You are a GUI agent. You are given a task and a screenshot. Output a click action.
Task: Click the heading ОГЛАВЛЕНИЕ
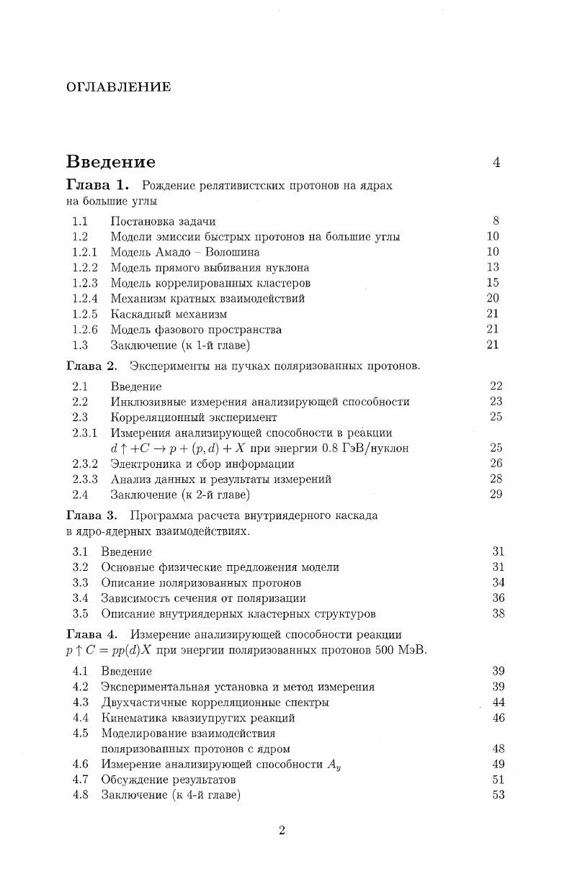(119, 87)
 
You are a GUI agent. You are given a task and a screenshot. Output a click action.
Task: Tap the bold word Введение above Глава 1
(110, 162)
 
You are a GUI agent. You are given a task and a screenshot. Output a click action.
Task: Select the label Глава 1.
(97, 186)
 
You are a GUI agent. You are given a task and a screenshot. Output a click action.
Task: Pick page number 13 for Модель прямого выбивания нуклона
(493, 267)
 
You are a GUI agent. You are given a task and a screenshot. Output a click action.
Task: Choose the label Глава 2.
(91, 366)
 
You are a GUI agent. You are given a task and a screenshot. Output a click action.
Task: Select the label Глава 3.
(91, 515)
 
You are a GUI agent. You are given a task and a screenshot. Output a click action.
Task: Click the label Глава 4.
(91, 634)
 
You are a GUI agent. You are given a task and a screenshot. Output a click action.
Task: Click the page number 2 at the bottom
(282, 831)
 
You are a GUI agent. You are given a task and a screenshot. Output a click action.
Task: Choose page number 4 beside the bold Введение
(496, 163)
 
